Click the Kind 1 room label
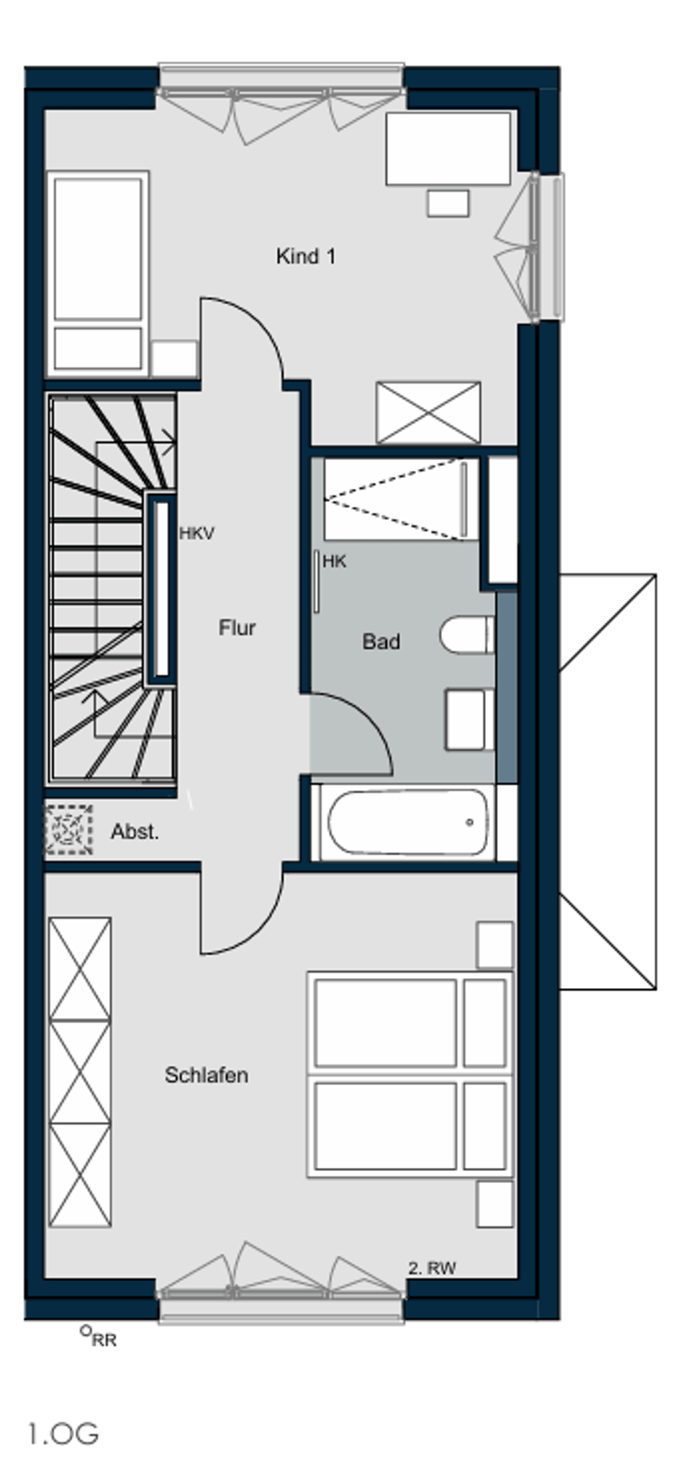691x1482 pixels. [305, 256]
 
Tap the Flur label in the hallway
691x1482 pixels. [237, 628]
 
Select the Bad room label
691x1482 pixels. [381, 642]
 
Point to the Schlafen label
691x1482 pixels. [207, 1075]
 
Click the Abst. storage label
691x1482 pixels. [135, 832]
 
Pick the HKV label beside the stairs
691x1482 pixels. [197, 534]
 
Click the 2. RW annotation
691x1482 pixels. [432, 1269]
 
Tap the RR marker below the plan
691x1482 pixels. [99, 1337]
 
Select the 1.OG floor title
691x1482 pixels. [63, 1434]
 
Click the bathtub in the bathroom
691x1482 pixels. [408, 823]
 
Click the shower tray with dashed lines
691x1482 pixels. [401, 499]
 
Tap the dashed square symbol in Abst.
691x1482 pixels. [69, 830]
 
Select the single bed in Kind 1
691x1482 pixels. [97, 274]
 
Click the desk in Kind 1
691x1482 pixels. [448, 148]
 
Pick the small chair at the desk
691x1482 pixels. [448, 203]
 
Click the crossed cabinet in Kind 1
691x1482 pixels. [428, 413]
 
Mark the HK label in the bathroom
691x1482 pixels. [334, 562]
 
